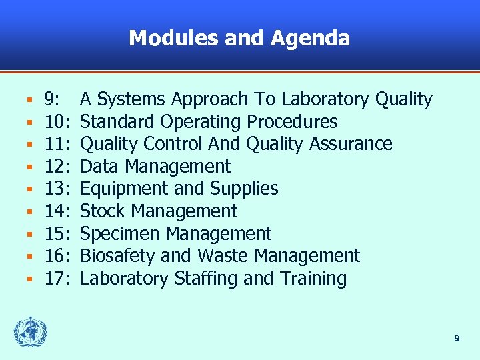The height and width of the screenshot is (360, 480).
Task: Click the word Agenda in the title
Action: (310, 38)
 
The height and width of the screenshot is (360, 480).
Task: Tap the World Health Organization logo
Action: (31, 332)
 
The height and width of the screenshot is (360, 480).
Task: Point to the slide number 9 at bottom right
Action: (457, 339)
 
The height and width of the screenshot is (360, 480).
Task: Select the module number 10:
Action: (58, 122)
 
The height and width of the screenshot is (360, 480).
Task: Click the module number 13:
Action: (58, 189)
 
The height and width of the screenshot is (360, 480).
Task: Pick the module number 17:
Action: (58, 279)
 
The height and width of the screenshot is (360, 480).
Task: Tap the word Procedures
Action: (292, 122)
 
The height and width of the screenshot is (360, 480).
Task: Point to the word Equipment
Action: (119, 189)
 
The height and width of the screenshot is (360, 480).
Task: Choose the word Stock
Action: (101, 211)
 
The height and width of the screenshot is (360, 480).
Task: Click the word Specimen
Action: (120, 234)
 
